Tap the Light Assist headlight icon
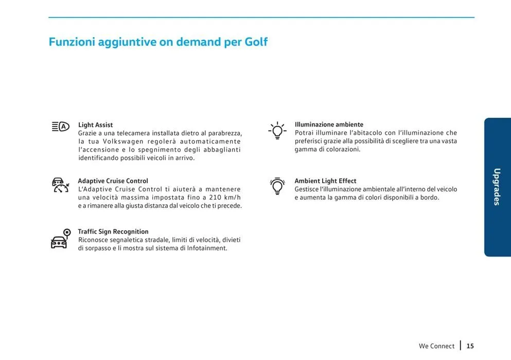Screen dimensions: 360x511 [x=60, y=127]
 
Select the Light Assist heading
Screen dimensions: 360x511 [x=95, y=125]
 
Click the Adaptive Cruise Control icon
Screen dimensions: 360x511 [x=60, y=185]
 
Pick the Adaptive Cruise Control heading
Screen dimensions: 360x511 [x=113, y=181]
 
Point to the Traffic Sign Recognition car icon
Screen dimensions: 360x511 [x=60, y=239]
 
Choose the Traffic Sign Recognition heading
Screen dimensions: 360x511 [x=113, y=232]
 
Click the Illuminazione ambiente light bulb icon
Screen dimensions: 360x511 [x=277, y=131]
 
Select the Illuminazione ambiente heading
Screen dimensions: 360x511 [x=329, y=125]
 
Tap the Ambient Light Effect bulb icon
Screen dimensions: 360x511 [x=277, y=186]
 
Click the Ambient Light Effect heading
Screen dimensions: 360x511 [x=325, y=181]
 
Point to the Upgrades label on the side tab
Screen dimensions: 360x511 [x=497, y=187]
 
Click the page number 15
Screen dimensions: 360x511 [x=470, y=346]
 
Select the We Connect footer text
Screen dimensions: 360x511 [x=436, y=346]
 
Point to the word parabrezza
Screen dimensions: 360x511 [x=222, y=133]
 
